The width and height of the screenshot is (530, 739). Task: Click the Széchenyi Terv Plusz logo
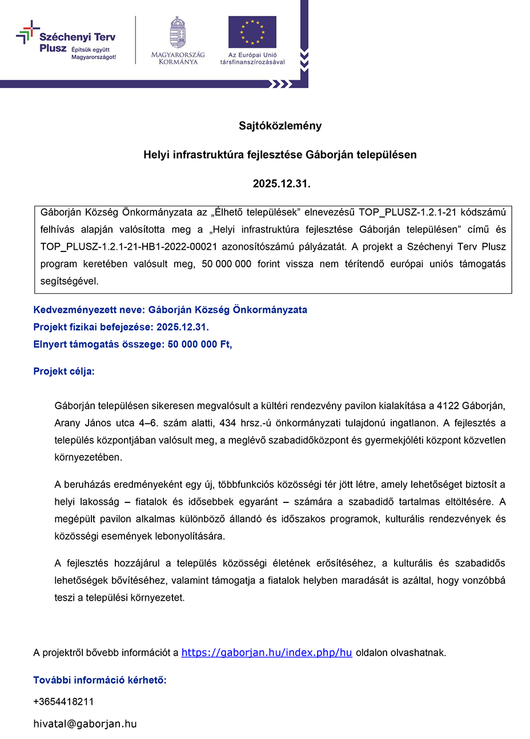(66, 41)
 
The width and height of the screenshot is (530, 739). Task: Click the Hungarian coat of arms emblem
(178, 33)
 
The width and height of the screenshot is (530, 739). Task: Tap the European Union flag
(252, 32)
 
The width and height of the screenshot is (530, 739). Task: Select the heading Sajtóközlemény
(280, 126)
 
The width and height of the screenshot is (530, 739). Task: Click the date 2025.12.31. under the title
(282, 184)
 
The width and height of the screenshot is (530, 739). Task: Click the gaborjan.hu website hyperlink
(267, 653)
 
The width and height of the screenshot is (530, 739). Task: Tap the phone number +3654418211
(63, 701)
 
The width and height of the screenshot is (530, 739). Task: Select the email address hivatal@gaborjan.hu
(85, 724)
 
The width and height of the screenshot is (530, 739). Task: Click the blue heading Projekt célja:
(64, 372)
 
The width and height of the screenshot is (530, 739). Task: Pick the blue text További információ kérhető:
(100, 680)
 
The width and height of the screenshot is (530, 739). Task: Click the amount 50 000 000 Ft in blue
(199, 345)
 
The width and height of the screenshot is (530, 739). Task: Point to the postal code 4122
(448, 406)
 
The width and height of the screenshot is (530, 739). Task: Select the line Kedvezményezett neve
(170, 310)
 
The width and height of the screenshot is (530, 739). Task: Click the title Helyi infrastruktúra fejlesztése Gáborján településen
(280, 155)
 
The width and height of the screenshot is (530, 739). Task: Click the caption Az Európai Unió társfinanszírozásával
(252, 58)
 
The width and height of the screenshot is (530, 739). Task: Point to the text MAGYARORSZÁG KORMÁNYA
(178, 58)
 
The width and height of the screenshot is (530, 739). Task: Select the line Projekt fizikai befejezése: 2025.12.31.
(121, 327)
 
